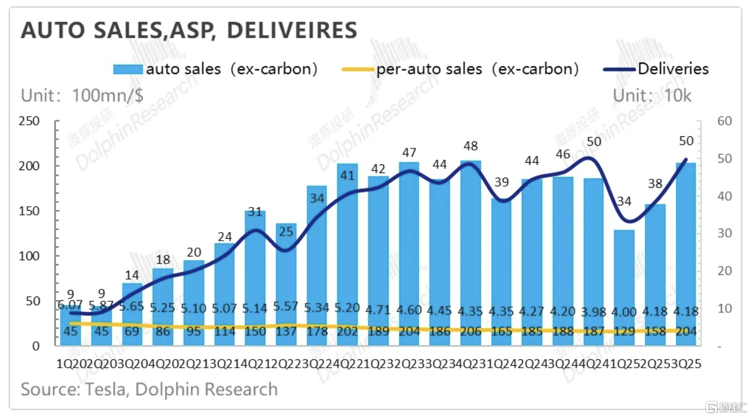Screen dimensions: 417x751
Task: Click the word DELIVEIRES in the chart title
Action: tap(292, 30)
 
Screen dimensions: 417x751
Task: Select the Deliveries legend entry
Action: tap(673, 69)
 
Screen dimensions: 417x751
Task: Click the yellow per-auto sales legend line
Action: tap(358, 70)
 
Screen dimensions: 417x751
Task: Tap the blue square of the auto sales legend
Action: tap(128, 70)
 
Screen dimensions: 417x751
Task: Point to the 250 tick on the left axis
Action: tap(30, 121)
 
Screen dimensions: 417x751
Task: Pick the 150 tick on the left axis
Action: tap(30, 211)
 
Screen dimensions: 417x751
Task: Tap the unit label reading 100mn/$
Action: tap(108, 96)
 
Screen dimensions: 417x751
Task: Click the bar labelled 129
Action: tap(624, 286)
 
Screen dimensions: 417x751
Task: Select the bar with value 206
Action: tap(470, 252)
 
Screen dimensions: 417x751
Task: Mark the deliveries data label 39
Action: tap(502, 182)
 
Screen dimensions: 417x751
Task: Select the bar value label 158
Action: tap(655, 332)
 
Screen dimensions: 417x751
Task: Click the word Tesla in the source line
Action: tap(107, 390)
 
